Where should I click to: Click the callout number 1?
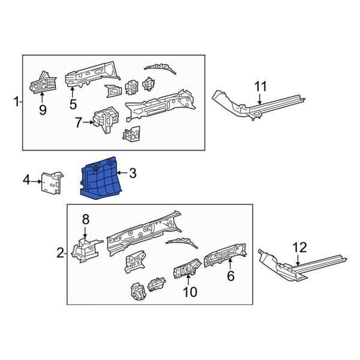point(16,102)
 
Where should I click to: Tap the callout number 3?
point(133,173)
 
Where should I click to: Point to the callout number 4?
point(26,179)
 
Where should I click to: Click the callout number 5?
point(73,103)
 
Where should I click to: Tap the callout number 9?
point(42,110)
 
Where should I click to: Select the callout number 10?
point(190,292)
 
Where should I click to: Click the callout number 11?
point(259,87)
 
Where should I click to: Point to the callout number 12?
point(299,246)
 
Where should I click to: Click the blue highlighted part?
point(101,179)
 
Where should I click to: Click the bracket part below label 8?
point(83,249)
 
